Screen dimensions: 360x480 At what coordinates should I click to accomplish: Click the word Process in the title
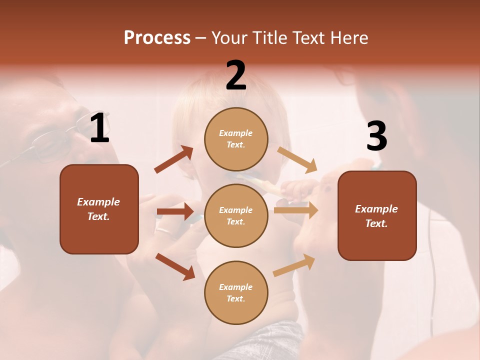coord(157,38)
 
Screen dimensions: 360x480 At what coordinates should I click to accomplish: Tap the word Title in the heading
coord(270,38)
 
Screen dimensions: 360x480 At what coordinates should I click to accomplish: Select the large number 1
coord(99,128)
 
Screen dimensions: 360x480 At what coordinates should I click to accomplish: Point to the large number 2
coord(236,75)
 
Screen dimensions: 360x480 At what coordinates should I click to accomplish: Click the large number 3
coord(376,136)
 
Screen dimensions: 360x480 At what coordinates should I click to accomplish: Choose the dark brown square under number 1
coord(99,209)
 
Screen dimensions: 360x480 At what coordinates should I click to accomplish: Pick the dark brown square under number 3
coord(377,215)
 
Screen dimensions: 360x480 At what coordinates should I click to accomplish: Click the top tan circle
coord(236,139)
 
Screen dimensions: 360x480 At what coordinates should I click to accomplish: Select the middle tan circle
coord(236,215)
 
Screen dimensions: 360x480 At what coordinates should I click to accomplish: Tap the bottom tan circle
coord(236,292)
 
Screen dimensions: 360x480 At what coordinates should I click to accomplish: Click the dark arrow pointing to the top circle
coord(174,159)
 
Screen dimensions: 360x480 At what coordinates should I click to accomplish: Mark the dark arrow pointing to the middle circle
coord(175,211)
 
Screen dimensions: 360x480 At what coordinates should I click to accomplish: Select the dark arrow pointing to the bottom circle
coord(175,266)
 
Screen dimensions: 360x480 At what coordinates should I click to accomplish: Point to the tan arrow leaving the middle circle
coord(296,210)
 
